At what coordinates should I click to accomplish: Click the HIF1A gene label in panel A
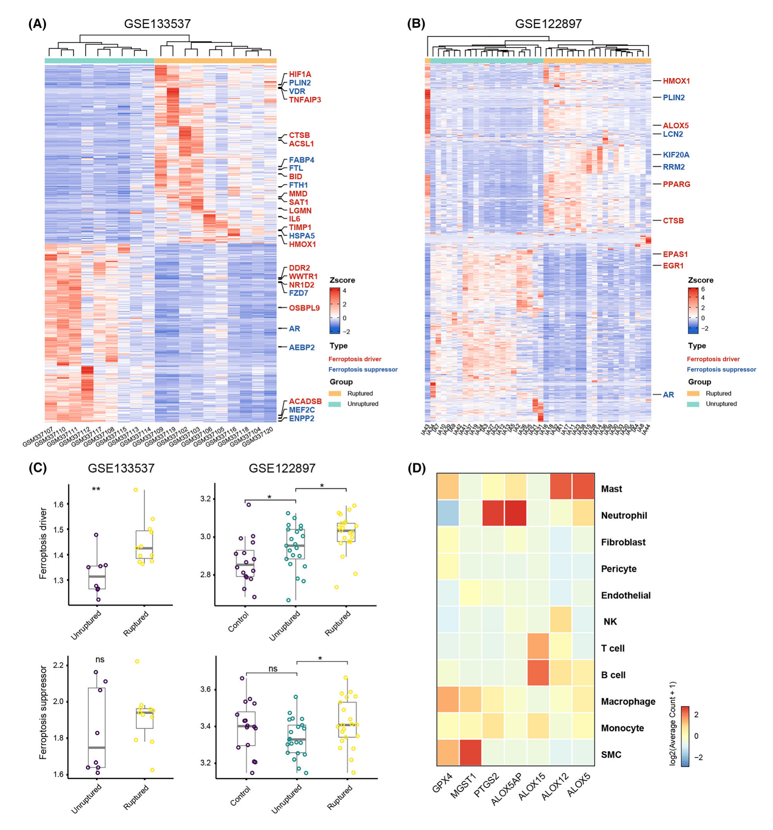click(x=300, y=74)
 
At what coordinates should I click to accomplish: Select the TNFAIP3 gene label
click(x=305, y=100)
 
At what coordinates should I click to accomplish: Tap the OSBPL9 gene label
click(x=304, y=308)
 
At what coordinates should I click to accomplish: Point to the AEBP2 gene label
click(x=302, y=347)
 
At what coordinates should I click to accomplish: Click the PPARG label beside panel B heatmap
click(x=676, y=184)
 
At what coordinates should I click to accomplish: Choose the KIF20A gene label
click(x=676, y=155)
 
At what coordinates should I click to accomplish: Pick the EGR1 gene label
click(x=673, y=266)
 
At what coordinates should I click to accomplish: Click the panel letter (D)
click(x=417, y=469)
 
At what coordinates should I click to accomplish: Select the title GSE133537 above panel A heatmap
click(x=157, y=24)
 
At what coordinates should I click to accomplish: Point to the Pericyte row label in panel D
click(x=618, y=569)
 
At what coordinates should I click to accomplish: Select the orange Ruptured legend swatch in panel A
click(x=335, y=393)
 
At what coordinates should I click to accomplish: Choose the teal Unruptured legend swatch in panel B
click(x=693, y=404)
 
